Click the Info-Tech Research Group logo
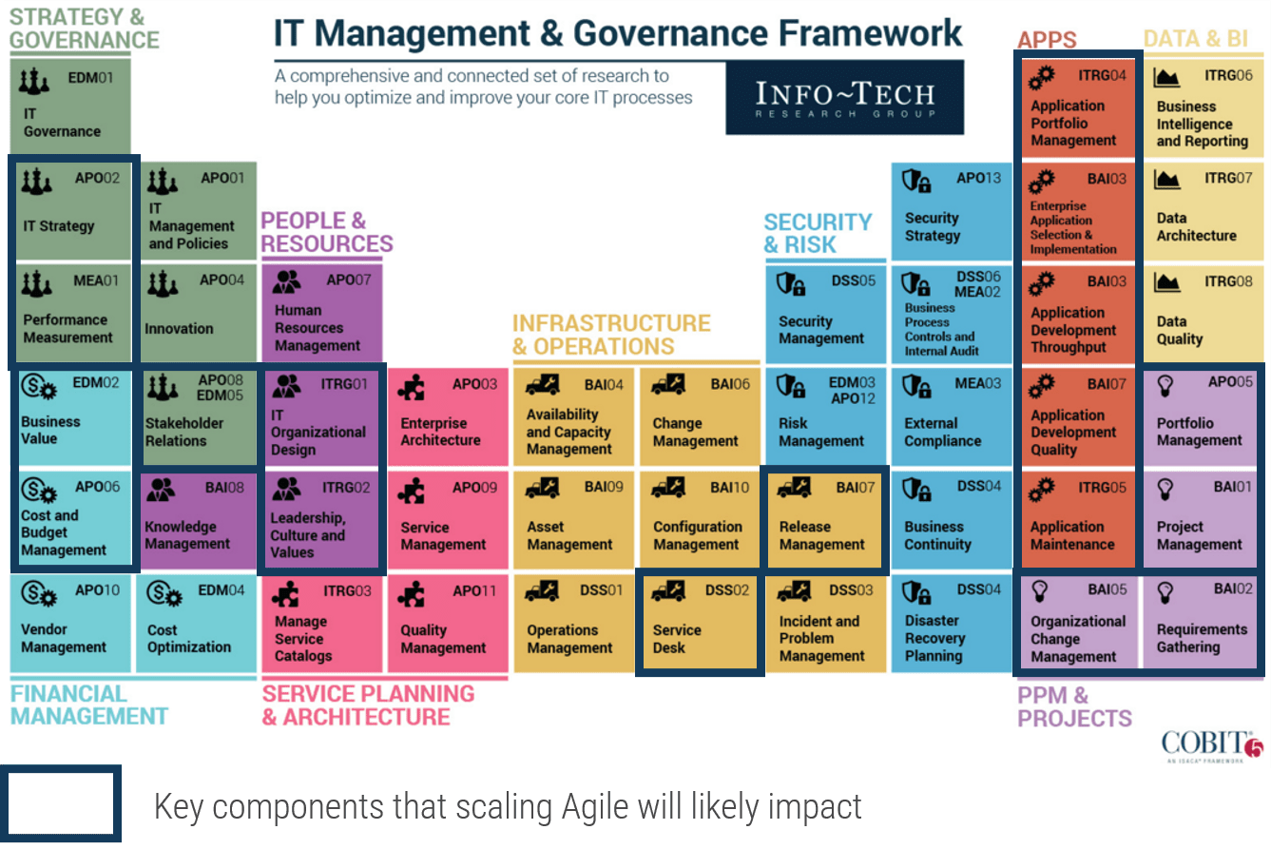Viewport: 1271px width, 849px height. point(844,98)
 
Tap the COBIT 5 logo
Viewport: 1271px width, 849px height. point(1211,745)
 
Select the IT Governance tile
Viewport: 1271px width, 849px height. point(70,106)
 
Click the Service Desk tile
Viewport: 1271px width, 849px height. point(700,623)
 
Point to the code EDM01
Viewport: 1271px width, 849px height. point(91,78)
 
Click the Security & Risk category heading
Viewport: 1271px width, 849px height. point(818,233)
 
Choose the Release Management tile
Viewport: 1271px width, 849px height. point(825,519)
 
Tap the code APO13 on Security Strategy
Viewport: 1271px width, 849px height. point(979,178)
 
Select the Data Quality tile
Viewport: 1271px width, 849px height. point(1203,313)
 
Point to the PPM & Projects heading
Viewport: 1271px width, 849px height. point(1074,706)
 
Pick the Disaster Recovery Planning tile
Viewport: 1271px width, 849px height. point(951,623)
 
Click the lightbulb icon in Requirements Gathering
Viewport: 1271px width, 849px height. point(1165,592)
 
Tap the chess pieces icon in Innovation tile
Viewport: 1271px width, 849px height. point(163,283)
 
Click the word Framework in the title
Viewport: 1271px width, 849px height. point(870,33)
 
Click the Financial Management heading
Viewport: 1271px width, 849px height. point(89,704)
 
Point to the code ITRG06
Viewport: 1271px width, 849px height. point(1228,75)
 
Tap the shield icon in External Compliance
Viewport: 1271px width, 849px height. point(916,387)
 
